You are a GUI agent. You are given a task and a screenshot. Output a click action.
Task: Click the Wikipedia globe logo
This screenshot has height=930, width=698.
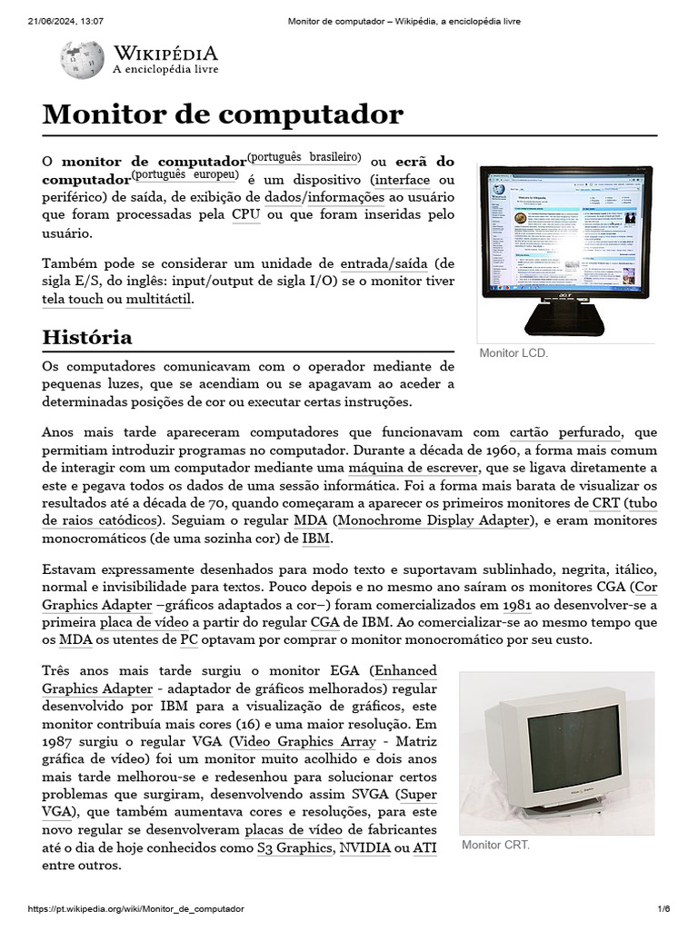pos(82,60)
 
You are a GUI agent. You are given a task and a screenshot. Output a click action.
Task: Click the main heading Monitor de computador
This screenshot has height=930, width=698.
pos(223,114)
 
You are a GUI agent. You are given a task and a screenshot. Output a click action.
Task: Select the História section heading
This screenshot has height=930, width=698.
pos(87,337)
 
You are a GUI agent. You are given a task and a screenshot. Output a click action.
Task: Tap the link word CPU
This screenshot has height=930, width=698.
pos(246,214)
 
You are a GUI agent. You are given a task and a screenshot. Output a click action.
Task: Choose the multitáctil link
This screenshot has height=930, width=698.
pos(159,299)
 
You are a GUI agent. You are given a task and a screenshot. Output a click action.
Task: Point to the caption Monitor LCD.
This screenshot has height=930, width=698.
pos(514,353)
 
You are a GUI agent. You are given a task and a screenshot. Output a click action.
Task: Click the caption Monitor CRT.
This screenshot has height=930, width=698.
pos(495,845)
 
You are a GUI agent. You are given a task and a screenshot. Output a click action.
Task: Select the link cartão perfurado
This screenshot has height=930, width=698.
pos(564,433)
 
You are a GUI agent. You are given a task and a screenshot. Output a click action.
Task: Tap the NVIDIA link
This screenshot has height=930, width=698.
pos(364,847)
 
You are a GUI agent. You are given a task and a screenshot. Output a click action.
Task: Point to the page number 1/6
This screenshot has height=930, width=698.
pos(663,909)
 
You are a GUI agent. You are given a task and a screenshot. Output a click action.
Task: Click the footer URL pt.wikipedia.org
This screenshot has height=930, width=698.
pos(136,909)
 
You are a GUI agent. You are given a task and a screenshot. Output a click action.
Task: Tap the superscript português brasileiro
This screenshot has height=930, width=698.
pos(304,156)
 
